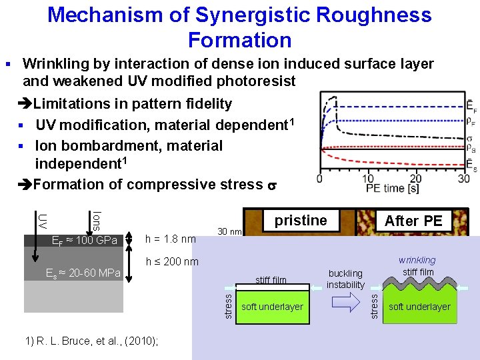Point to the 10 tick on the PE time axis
(367, 179)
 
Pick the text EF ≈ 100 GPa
(84, 240)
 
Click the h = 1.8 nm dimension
(170, 239)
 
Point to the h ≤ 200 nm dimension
(172, 261)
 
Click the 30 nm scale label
(229, 232)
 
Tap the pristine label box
(301, 221)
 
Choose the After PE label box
(413, 221)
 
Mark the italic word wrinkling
(417, 260)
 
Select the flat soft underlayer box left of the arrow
(272, 307)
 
